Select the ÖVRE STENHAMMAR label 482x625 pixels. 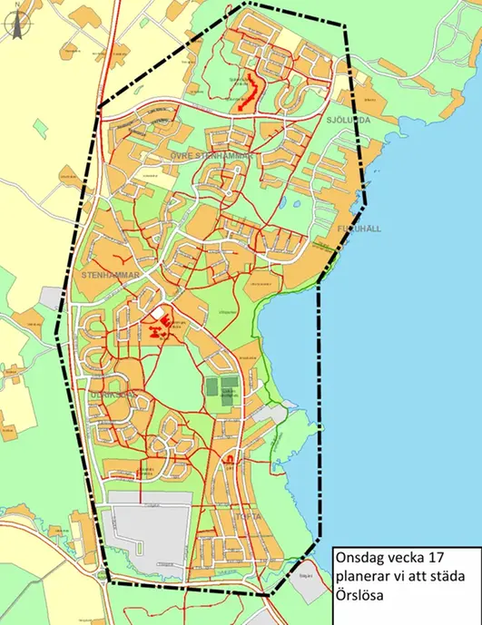click(x=211, y=157)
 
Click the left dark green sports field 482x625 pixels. click(x=211, y=388)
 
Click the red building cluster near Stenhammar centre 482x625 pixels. click(x=162, y=331)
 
